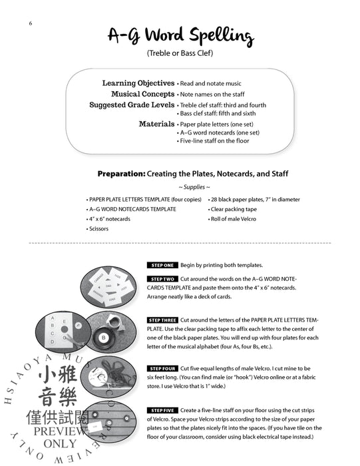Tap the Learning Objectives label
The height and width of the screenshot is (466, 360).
138,83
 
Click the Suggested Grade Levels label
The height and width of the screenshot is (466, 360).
132,105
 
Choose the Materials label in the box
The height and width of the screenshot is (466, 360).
157,124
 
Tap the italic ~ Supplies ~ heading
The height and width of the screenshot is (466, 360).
180,188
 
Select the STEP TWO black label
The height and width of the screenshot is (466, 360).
162,279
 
